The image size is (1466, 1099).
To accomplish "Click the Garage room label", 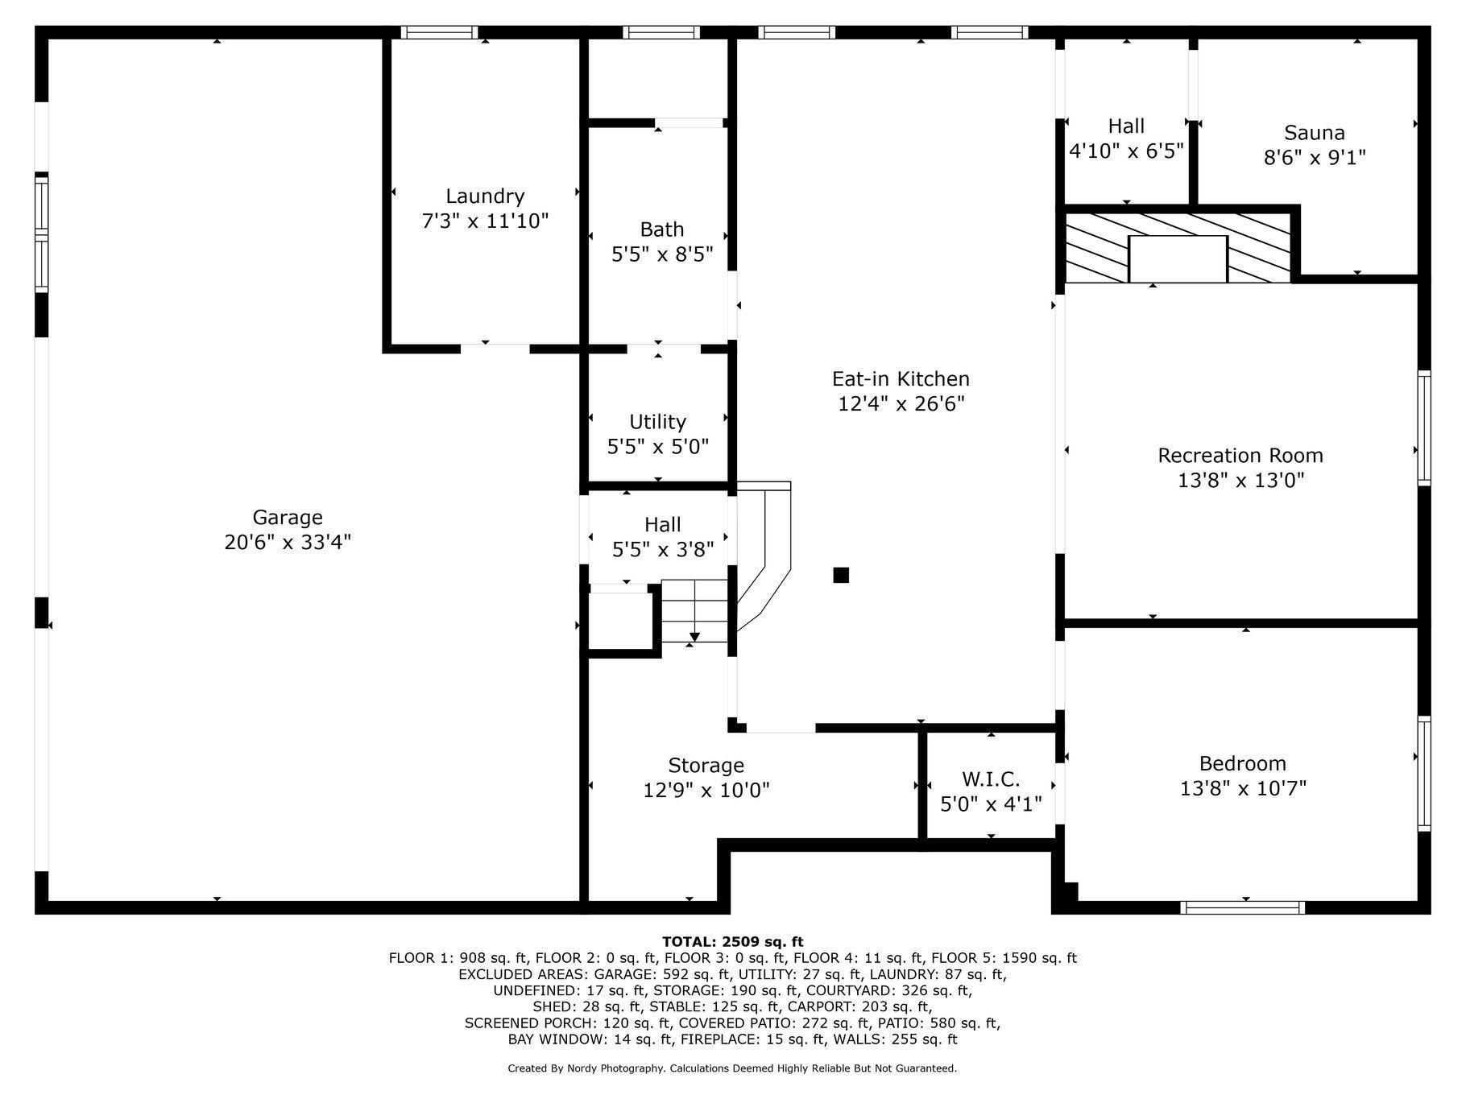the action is click(x=288, y=518).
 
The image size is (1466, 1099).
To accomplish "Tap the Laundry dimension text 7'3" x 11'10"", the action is click(x=485, y=221).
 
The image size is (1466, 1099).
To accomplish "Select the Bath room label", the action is click(x=662, y=229).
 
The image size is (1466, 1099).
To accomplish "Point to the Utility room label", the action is click(x=658, y=422).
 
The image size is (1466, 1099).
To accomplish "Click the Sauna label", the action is click(x=1315, y=133).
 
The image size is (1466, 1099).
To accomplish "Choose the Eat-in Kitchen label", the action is click(x=901, y=378).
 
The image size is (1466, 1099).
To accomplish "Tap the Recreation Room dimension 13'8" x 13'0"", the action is click(x=1240, y=481).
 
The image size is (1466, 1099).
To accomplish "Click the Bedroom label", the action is click(x=1243, y=763).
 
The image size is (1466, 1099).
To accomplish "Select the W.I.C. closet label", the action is click(x=991, y=779).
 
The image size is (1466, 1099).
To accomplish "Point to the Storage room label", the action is click(x=706, y=765).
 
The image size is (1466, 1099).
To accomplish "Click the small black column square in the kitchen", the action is click(x=841, y=575).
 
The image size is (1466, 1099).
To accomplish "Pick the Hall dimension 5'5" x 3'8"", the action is click(x=662, y=550).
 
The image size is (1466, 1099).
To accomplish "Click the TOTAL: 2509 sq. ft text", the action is click(x=732, y=941).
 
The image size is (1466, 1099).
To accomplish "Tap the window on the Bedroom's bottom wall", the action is click(x=1242, y=907).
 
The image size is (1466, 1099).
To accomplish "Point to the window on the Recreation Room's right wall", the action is click(x=1424, y=428).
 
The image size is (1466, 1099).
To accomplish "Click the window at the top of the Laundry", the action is click(x=439, y=32).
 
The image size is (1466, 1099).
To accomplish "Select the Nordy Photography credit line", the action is click(x=732, y=1068).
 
